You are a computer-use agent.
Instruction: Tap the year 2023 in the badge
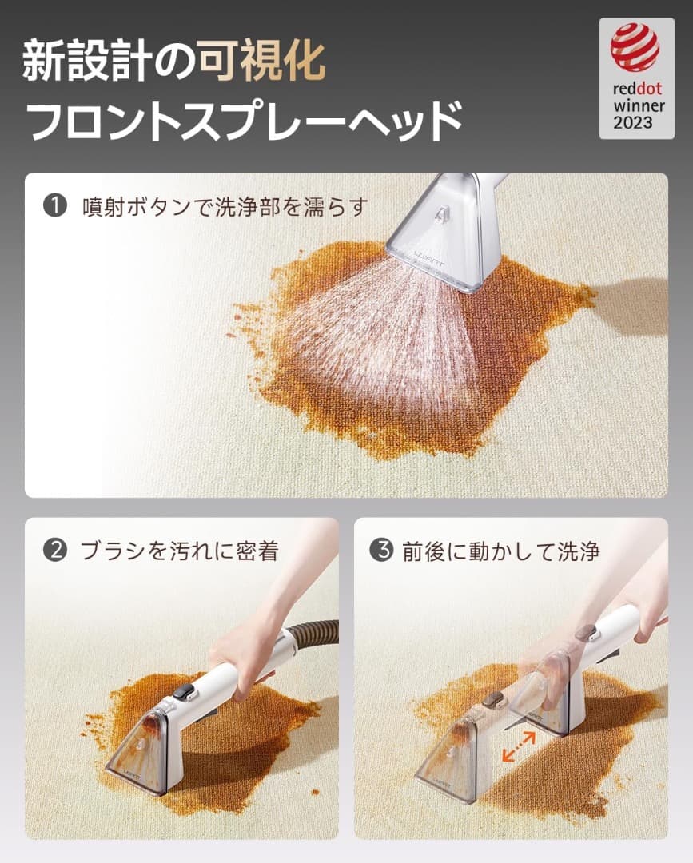[x=633, y=122]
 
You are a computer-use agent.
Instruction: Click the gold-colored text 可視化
[x=262, y=61]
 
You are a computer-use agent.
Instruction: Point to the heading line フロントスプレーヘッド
[x=244, y=120]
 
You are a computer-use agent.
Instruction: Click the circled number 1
[x=54, y=206]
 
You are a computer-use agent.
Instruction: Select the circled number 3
[x=383, y=551]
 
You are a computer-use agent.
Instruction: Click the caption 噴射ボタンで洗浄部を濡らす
[x=225, y=207]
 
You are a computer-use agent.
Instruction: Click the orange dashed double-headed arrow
[x=518, y=747]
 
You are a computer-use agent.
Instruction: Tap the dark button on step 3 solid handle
[x=588, y=633]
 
